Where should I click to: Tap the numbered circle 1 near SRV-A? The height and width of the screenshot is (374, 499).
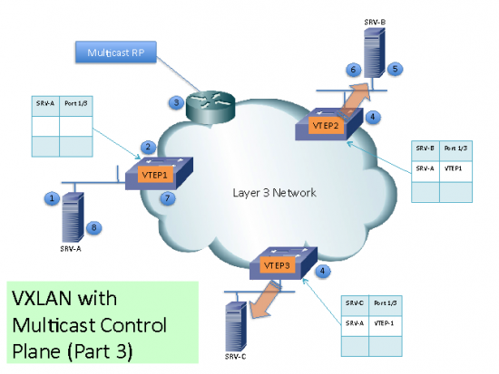pos(54,197)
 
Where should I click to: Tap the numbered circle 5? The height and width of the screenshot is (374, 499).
pos(396,68)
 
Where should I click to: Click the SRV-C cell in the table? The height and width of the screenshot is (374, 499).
pos(353,302)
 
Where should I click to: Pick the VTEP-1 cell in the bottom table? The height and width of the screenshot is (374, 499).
pos(386,321)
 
